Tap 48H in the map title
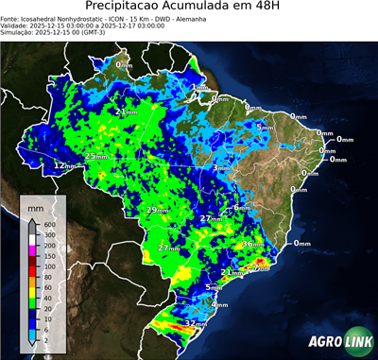pyautogui.click(x=292, y=9)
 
